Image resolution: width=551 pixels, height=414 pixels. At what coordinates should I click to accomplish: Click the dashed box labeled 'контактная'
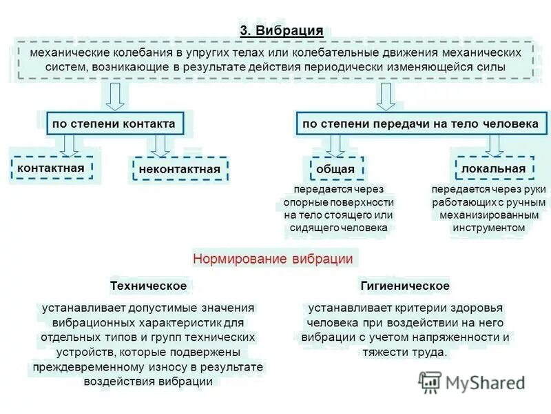[x=52, y=168]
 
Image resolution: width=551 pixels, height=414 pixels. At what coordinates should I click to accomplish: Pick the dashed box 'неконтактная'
[x=179, y=169]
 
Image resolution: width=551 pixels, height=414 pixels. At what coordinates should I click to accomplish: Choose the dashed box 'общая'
[x=335, y=168]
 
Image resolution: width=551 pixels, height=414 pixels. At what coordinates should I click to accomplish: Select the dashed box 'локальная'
[x=493, y=168]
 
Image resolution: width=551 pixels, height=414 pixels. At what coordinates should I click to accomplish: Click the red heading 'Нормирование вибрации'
[x=273, y=259]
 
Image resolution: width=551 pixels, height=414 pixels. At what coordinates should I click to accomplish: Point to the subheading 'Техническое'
[x=148, y=286]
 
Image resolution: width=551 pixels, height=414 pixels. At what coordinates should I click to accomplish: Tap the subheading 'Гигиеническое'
[x=405, y=286]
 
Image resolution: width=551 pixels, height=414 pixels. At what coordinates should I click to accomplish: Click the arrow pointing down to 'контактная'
[x=68, y=145]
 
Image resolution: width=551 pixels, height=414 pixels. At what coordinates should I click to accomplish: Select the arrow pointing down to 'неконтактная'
[x=160, y=145]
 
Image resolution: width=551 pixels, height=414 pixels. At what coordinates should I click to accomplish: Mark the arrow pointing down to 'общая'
[x=335, y=145]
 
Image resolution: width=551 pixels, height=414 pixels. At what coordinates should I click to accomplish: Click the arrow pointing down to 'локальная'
[x=493, y=145]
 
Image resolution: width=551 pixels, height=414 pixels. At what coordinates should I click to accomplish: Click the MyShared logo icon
[x=430, y=382]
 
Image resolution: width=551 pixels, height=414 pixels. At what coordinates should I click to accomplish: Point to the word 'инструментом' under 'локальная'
[x=489, y=228]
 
